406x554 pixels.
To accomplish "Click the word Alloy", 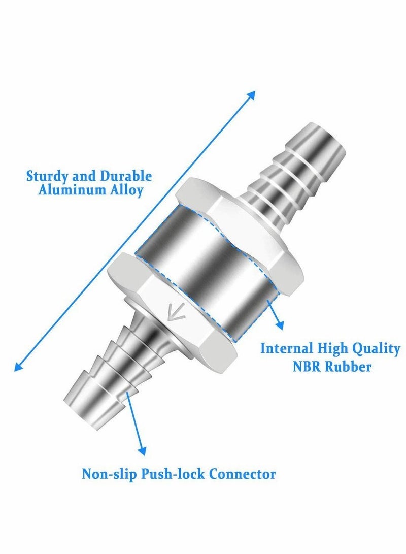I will click(127, 192).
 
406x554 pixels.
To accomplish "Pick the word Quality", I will click(375, 349).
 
